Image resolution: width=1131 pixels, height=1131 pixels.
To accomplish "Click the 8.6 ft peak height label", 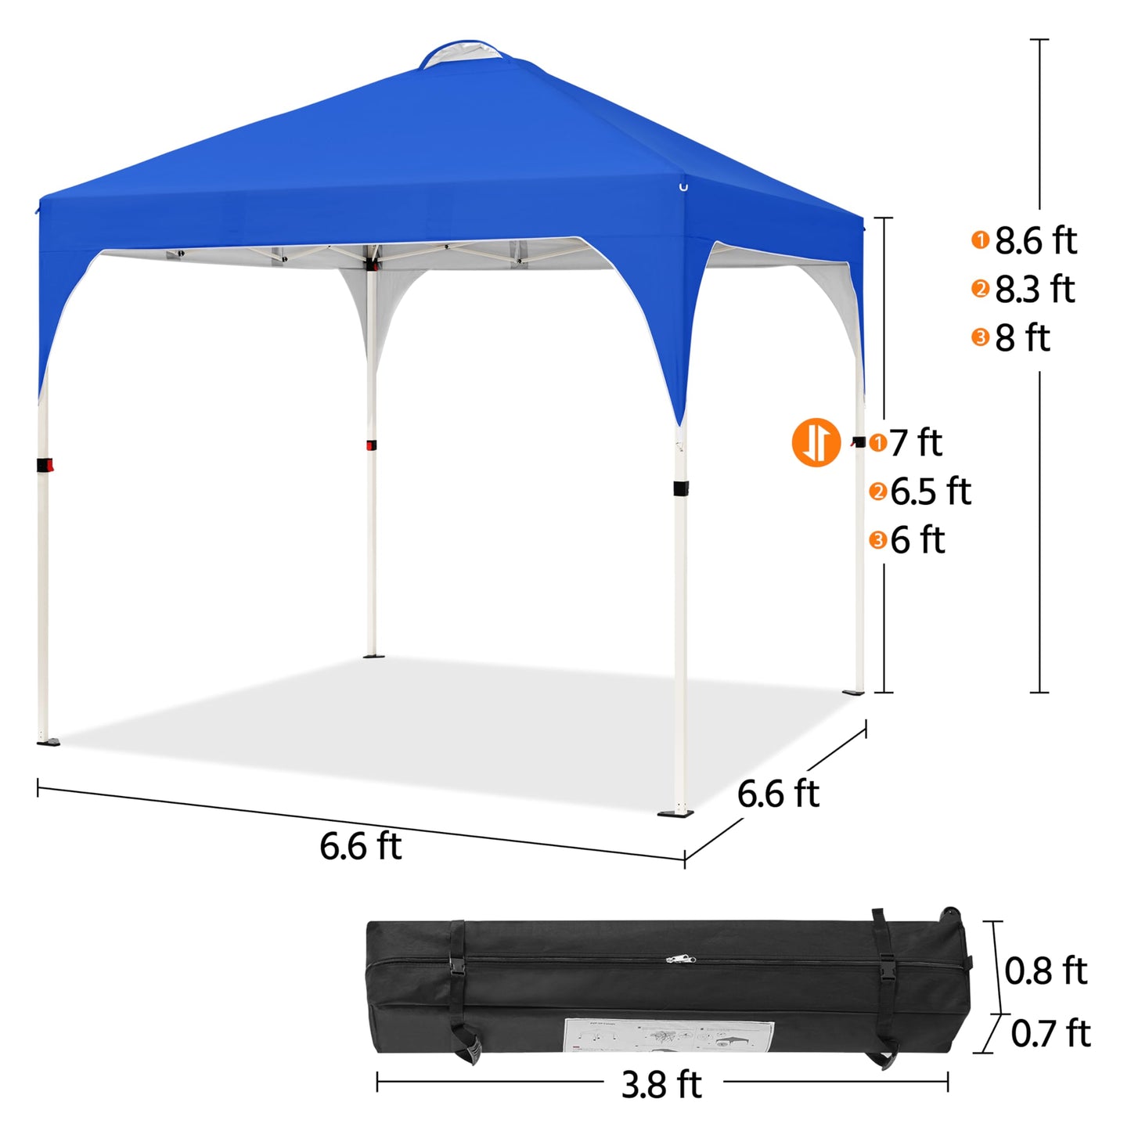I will [1036, 241].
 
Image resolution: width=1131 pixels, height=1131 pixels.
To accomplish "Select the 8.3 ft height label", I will [1035, 290].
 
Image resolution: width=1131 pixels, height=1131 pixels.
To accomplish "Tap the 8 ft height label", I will [1022, 338].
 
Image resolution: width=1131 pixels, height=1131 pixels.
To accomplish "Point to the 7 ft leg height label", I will [916, 443].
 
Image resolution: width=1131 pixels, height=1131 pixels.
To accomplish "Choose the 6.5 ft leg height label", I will [931, 492].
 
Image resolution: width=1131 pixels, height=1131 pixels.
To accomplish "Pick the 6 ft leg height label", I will [917, 540].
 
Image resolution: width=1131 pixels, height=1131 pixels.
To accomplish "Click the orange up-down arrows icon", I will [816, 442].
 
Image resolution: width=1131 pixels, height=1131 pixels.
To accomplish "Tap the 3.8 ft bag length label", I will [661, 1084].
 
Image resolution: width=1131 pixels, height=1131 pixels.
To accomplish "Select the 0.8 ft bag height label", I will [1046, 971].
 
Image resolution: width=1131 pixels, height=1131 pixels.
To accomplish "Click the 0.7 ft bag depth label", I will [1050, 1033].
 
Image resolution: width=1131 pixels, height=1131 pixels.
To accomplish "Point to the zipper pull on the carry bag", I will [679, 958].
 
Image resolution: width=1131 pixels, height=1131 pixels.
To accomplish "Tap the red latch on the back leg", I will [371, 445].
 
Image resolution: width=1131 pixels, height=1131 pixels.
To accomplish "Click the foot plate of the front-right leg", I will [676, 813].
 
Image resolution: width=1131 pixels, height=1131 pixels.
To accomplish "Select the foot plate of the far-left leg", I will [48, 741].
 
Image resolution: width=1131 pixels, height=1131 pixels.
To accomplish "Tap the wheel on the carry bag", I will [952, 913].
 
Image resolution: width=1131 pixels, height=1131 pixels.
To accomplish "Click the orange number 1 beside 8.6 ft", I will [980, 240].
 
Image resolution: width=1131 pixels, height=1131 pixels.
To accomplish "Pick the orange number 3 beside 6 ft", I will [878, 540].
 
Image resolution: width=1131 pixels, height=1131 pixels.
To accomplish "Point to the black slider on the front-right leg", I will [681, 488].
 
